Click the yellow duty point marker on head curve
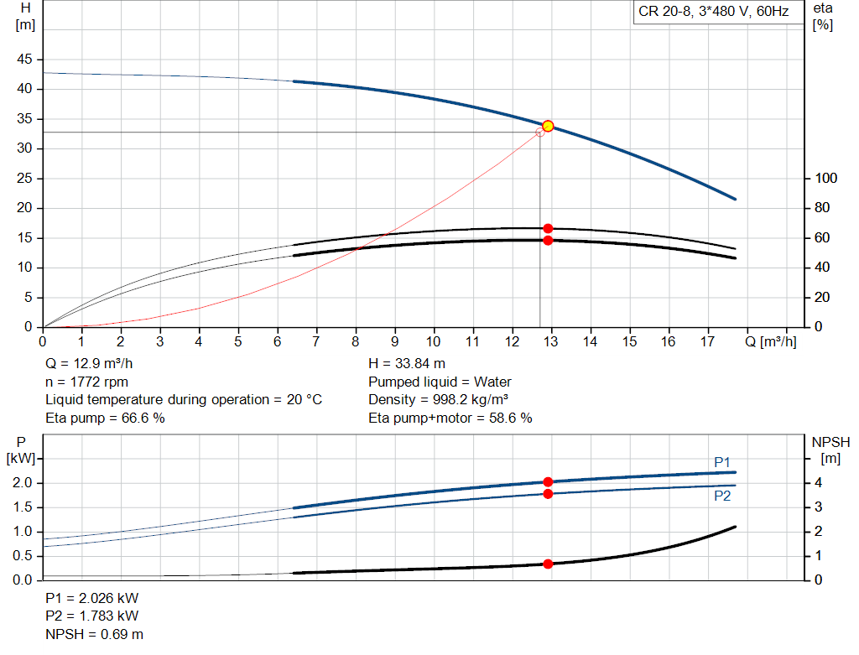[x=548, y=126]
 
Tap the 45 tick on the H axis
[x=25, y=60]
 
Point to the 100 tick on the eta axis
[x=826, y=179]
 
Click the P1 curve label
[x=722, y=462]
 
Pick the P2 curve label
[x=722, y=496]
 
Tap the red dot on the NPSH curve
[x=548, y=564]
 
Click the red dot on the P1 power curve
[x=548, y=481]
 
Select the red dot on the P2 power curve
[x=548, y=493]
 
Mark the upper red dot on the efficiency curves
[x=548, y=228]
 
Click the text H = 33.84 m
[x=407, y=364]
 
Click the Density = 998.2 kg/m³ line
[x=439, y=399]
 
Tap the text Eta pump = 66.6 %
[x=105, y=418]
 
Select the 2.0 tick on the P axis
[x=22, y=483]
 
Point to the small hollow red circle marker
[x=539, y=132]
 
